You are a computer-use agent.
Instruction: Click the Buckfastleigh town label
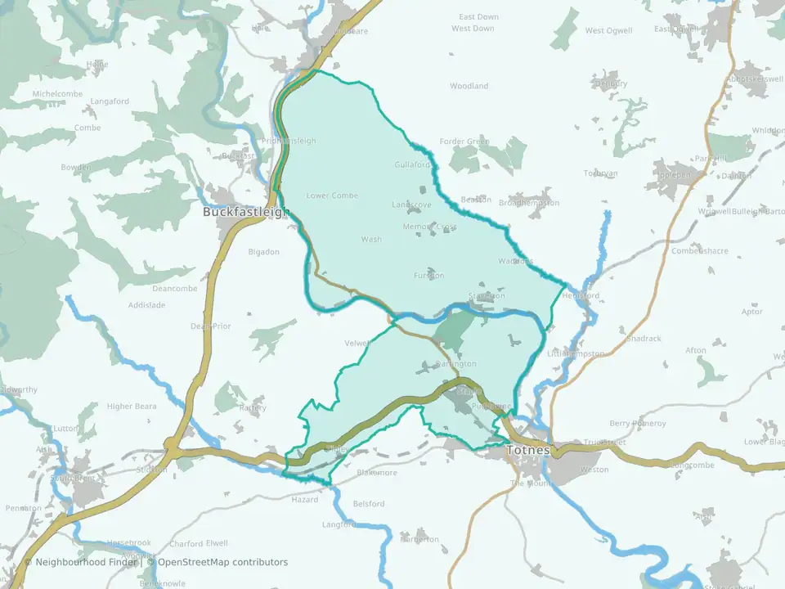246,212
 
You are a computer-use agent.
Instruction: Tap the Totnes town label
528,450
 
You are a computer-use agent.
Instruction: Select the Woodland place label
469,86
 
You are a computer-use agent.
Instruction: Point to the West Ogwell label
608,31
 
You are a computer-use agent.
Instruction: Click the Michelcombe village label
57,94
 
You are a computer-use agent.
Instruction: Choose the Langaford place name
110,101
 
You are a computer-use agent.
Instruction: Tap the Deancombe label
175,289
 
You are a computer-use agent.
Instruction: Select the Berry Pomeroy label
638,424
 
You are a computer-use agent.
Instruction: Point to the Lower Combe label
332,196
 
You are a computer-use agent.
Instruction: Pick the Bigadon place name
264,252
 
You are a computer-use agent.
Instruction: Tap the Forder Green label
464,142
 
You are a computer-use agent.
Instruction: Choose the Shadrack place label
644,338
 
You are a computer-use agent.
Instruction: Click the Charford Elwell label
199,543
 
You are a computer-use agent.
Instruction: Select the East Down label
478,17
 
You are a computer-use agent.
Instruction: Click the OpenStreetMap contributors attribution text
222,562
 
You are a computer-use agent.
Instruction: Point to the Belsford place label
368,504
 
